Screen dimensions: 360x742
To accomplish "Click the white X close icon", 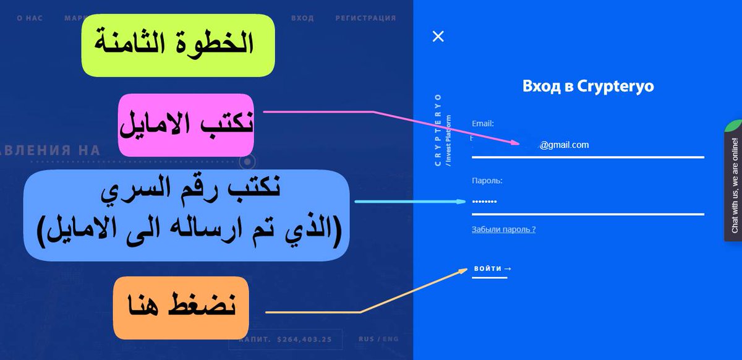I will click(438, 36).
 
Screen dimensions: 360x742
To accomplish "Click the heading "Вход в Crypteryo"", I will click(587, 87).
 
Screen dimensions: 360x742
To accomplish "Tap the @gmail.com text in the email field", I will click(564, 145).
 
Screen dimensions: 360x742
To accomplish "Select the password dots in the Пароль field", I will click(484, 202).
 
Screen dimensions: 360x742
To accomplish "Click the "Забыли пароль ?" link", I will click(503, 229).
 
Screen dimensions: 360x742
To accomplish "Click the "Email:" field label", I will click(482, 124).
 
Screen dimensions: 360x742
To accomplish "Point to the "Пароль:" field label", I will click(487, 181).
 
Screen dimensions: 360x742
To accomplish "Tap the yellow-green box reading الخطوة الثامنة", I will click(178, 45).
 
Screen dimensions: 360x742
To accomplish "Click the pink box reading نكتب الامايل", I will click(186, 125).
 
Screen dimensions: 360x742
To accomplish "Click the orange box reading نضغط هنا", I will click(181, 307).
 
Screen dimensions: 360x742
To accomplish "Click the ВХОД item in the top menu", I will click(302, 18).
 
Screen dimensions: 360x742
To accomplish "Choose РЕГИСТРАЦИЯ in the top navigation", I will click(365, 18).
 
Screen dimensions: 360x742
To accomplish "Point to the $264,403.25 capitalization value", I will click(305, 340).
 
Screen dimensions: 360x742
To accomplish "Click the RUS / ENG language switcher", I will click(378, 340).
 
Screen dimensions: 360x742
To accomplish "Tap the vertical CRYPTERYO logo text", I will click(438, 130).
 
